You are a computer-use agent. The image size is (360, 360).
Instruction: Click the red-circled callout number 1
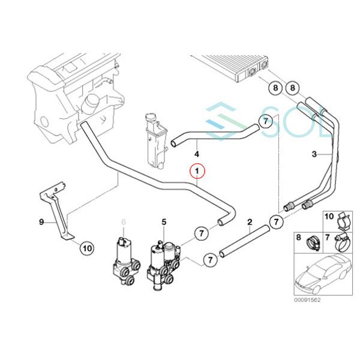click(x=197, y=172)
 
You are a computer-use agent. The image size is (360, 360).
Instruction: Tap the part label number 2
click(x=250, y=223)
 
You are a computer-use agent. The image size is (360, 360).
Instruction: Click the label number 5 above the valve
click(x=163, y=223)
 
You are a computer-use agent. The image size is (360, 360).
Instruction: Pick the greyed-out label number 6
click(x=124, y=223)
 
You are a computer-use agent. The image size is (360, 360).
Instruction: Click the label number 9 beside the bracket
click(x=42, y=223)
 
